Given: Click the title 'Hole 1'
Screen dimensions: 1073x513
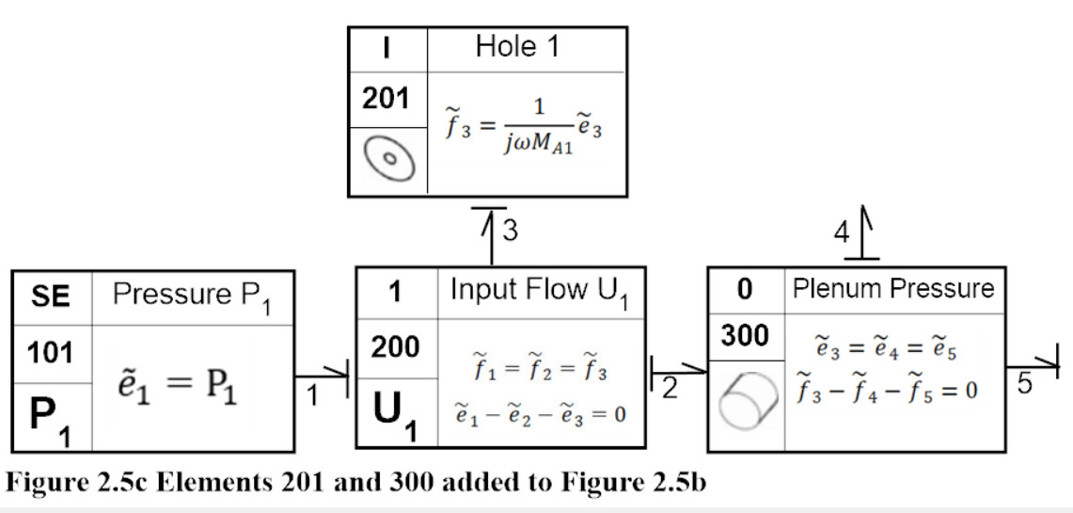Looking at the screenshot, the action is point(517,46).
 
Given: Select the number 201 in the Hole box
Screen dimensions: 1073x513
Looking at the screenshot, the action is point(386,100).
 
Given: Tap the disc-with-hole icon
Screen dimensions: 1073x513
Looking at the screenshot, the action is point(389,159).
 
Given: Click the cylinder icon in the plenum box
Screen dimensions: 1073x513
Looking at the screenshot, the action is point(748,401).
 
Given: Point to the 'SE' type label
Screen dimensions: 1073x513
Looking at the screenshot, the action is point(52,298).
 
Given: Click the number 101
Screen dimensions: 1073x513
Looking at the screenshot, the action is point(50,353).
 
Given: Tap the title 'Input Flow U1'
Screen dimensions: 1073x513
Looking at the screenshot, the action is point(539,293).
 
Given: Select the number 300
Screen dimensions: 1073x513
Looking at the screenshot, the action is point(745,336).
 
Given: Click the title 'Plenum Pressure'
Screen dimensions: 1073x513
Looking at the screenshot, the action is point(893,288).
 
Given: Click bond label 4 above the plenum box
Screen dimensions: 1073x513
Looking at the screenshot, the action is point(841,233).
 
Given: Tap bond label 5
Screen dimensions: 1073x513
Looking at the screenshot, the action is point(1024,383).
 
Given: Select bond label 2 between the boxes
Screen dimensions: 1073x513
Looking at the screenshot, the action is point(670,389).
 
